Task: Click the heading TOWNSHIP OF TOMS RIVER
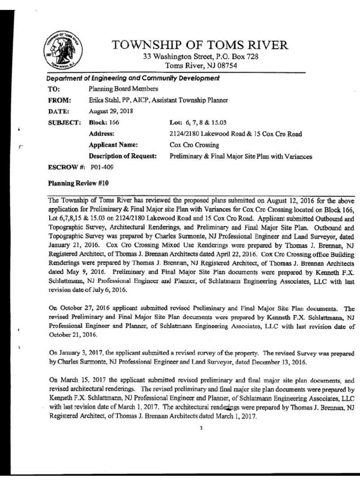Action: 200,45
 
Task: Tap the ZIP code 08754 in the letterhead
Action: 226,66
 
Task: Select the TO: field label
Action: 54,89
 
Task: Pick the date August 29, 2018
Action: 111,111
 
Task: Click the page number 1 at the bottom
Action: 201,427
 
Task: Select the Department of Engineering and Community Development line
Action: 133,78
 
